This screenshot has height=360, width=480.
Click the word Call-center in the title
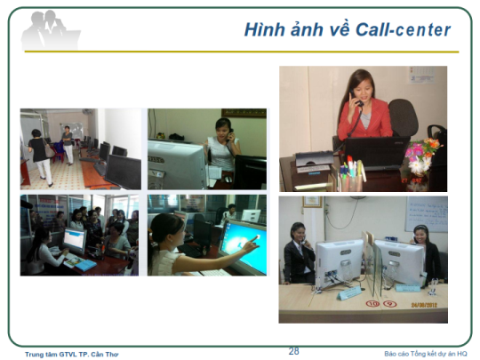click(x=403, y=30)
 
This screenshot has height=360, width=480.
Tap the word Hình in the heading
click(x=265, y=29)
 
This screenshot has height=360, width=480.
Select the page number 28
click(x=293, y=351)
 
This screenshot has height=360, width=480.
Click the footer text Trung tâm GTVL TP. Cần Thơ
click(x=72, y=354)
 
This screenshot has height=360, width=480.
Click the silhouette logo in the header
click(x=51, y=30)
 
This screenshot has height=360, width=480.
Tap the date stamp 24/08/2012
click(x=424, y=305)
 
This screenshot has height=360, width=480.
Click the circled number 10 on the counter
click(x=372, y=304)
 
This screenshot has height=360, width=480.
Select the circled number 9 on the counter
click(x=390, y=304)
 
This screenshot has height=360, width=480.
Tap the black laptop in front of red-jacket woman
click(x=375, y=153)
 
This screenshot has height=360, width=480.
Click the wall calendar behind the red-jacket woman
click(x=421, y=75)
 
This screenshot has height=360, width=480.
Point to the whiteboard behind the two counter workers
click(x=427, y=214)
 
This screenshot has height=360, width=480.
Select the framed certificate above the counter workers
click(x=313, y=202)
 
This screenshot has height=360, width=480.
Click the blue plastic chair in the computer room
click(x=59, y=151)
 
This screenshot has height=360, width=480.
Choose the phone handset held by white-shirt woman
click(x=229, y=135)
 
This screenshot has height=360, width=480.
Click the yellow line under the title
click(x=242, y=52)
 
